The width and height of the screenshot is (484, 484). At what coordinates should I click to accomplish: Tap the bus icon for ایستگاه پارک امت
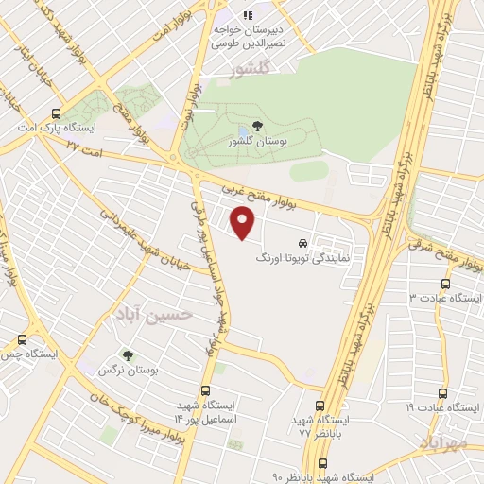point(59,112)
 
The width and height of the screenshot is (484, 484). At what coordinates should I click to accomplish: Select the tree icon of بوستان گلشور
point(258,126)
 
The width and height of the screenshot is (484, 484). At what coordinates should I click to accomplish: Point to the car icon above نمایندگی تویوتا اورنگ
point(302,241)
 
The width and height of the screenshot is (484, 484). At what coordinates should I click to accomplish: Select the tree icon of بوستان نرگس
point(127,355)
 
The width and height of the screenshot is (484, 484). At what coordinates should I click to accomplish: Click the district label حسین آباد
point(153,313)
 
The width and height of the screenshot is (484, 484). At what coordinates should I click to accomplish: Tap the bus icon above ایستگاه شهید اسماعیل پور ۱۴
point(205,389)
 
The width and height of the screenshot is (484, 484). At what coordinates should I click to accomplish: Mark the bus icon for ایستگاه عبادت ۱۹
point(443,391)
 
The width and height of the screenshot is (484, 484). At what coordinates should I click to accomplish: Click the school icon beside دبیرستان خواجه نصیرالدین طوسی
point(249,15)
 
